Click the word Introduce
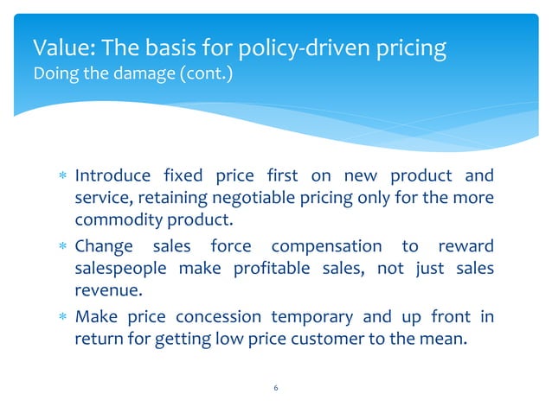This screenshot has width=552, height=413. [x=111, y=177]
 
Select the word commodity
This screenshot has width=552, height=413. [x=112, y=219]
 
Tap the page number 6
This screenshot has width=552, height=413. [x=275, y=388]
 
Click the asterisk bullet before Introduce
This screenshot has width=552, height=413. [x=60, y=177]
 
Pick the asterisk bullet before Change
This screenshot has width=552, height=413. [x=60, y=247]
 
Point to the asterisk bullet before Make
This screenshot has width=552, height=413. [x=60, y=317]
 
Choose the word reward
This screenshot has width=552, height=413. [x=466, y=247]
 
